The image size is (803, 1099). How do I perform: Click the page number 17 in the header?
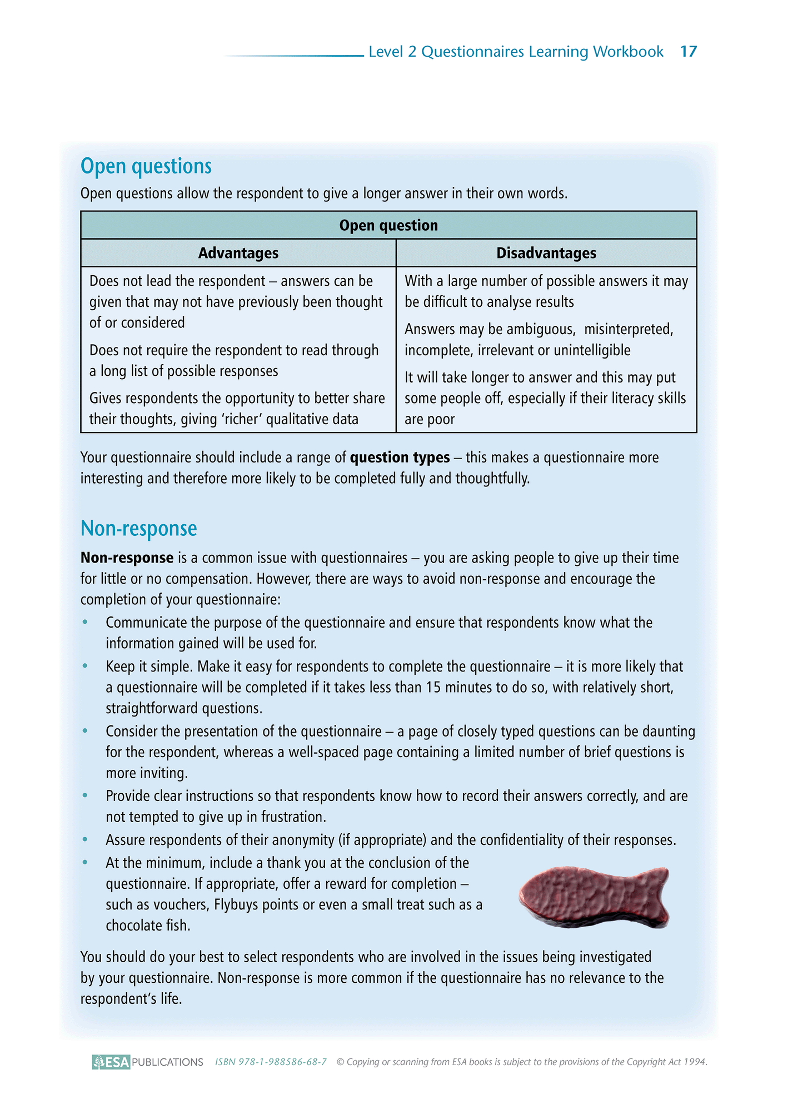tap(688, 52)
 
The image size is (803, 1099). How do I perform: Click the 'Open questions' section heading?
tap(146, 166)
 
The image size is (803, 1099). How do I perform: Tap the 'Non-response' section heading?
tap(138, 528)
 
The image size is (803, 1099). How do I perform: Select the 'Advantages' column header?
tap(238, 253)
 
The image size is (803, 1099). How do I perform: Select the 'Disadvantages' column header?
tap(546, 253)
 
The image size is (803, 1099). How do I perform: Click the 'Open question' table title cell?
tap(388, 225)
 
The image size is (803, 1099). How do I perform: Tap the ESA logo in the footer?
tap(111, 1062)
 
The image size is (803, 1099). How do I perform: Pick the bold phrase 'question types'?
tap(400, 457)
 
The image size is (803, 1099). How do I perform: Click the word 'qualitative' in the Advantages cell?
tap(300, 419)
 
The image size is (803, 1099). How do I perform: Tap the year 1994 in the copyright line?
tap(695, 1062)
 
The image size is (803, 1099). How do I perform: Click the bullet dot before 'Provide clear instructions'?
tap(85, 795)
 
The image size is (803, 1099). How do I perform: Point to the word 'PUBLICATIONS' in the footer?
tap(168, 1062)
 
